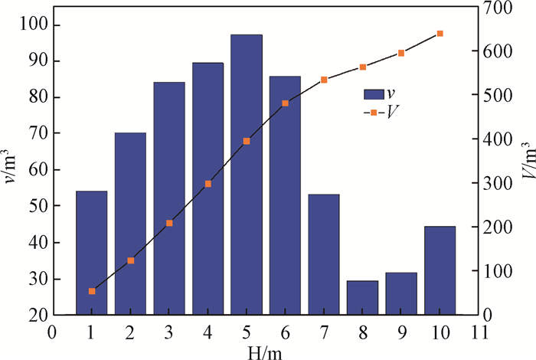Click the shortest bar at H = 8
362,298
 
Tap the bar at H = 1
92,253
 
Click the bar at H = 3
169,198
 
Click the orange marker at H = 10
440,34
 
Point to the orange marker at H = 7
324,80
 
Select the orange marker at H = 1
92,291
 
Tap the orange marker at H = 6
285,103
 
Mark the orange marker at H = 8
362,67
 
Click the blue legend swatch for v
373,94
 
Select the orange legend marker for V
373,113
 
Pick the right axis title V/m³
526,161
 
